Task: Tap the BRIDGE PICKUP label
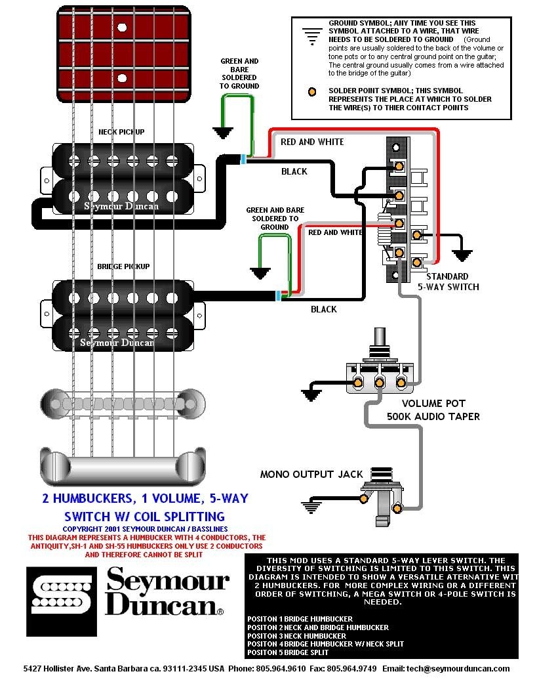pyautogui.click(x=123, y=266)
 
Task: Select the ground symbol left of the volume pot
pyautogui.click(x=311, y=394)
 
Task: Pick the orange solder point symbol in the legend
pyautogui.click(x=313, y=91)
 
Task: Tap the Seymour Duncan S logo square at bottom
pyautogui.click(x=61, y=592)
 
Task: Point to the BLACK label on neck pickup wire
pyautogui.click(x=294, y=171)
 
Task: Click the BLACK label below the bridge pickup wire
pyautogui.click(x=323, y=309)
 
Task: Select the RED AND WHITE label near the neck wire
pyautogui.click(x=312, y=142)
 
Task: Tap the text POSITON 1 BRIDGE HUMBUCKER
pyautogui.click(x=300, y=618)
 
